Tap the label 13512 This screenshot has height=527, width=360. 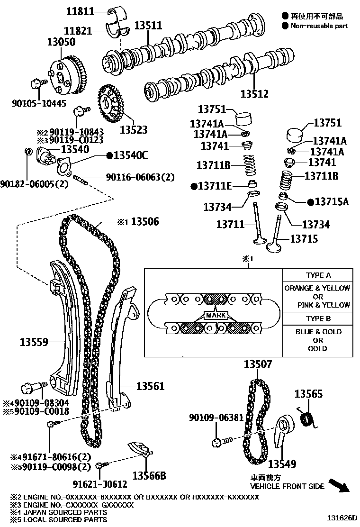pos(254,93)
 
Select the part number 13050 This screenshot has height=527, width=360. pos(60,42)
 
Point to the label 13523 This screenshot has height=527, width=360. pos(133,129)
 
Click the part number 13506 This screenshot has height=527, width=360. pos(145,222)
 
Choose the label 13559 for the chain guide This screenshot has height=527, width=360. pos(35,341)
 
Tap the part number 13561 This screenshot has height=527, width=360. pos(151,387)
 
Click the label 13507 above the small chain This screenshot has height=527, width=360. pos(258,364)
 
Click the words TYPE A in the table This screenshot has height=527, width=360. pos(318,275)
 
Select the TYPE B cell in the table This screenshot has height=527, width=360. pos(318,318)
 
